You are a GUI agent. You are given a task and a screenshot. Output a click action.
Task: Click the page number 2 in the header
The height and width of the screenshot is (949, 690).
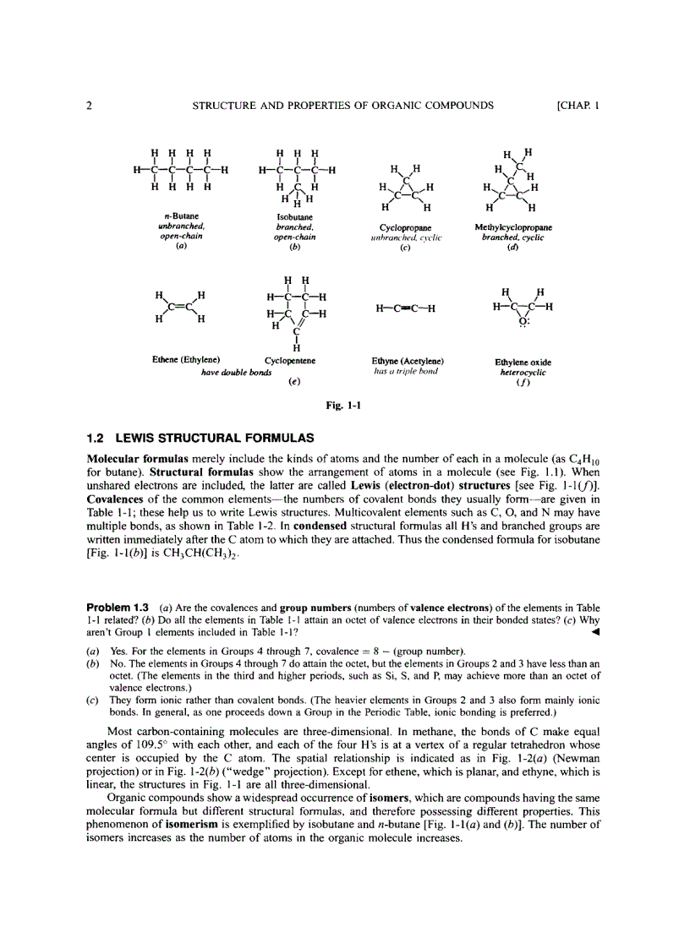coord(89,106)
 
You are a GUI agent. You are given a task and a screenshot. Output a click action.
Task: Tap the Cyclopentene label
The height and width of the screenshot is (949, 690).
coord(290,361)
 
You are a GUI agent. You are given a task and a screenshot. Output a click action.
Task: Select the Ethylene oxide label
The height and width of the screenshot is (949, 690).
coord(523,363)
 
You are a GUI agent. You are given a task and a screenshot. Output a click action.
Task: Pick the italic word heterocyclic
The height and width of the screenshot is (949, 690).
coord(523,372)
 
